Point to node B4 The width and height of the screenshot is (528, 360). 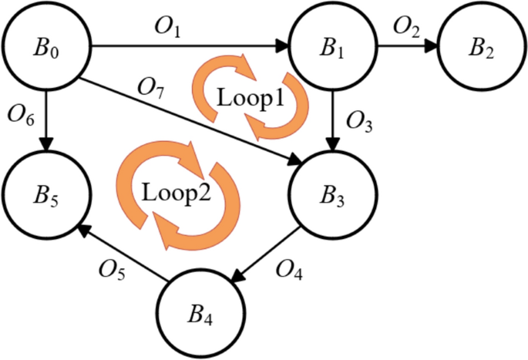(199, 314)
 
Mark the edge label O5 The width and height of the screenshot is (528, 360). (113, 269)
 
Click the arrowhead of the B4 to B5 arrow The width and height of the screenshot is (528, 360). (82, 228)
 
